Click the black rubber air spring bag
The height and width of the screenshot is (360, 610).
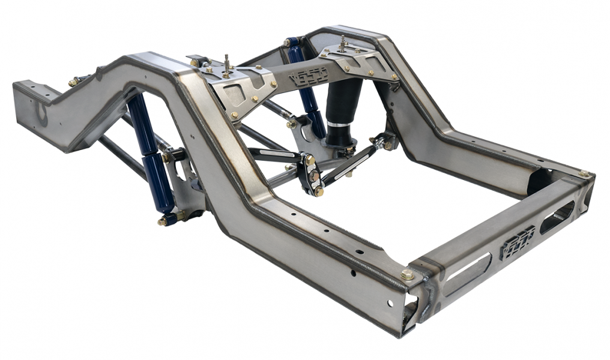point(343,108)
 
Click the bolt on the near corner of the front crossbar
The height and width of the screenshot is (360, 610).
point(408,275)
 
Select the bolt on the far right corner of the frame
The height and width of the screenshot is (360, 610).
point(583,173)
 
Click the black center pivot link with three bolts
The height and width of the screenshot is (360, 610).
point(312,175)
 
